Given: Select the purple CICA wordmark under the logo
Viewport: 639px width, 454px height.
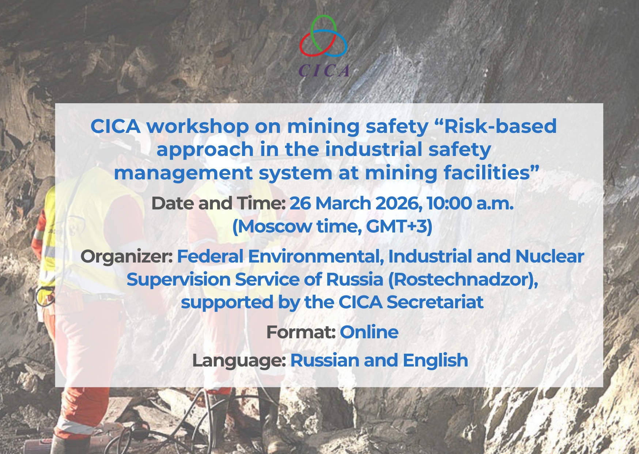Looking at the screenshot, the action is pyautogui.click(x=324, y=71).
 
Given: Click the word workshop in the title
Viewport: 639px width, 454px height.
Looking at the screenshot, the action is pyautogui.click(x=198, y=127).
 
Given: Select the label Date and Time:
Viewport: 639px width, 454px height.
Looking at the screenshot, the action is pyautogui.click(x=218, y=203).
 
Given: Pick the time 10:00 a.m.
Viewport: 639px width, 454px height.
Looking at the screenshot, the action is pyautogui.click(x=470, y=203).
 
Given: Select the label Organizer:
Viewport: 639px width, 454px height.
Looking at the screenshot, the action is pyautogui.click(x=126, y=257).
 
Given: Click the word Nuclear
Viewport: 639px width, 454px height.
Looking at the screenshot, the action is pyautogui.click(x=550, y=256).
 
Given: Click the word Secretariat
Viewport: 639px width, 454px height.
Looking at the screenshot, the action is pyautogui.click(x=435, y=302).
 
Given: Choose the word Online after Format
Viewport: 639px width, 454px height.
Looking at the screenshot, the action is pyautogui.click(x=369, y=332).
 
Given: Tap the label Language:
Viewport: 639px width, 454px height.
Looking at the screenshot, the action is pyautogui.click(x=239, y=361).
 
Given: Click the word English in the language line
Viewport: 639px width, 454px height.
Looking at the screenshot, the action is pyautogui.click(x=435, y=361).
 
